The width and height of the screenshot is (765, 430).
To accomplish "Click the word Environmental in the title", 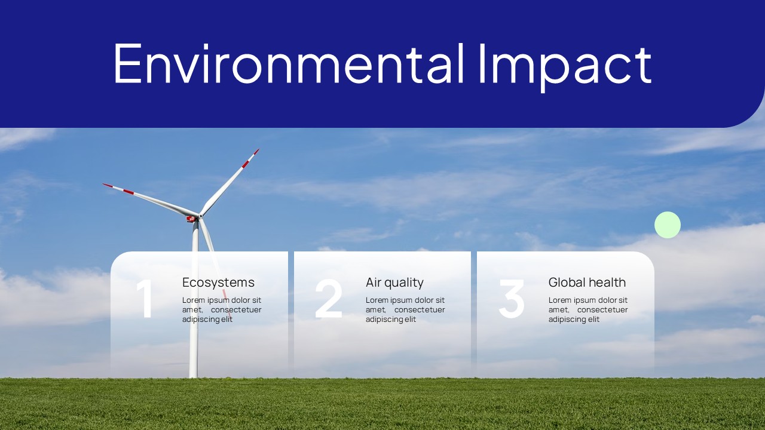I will click(289, 63).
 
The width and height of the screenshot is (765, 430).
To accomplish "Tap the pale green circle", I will click(668, 225).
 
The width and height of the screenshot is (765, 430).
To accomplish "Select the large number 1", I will click(145, 298).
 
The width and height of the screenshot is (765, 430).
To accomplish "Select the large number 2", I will click(328, 298).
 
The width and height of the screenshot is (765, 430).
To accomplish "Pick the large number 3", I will click(512, 298).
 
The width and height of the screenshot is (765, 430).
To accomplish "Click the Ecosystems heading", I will click(218, 282).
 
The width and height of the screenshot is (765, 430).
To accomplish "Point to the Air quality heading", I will click(394, 282).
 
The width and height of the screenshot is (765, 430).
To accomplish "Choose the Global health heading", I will click(587, 282).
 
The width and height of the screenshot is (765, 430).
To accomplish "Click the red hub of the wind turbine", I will click(191, 219).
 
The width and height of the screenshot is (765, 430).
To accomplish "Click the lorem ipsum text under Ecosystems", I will click(222, 309).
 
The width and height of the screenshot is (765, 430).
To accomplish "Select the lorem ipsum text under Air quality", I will click(405, 309).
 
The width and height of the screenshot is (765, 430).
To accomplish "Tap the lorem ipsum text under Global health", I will click(588, 309).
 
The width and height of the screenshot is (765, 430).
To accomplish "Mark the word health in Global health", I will click(607, 282).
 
